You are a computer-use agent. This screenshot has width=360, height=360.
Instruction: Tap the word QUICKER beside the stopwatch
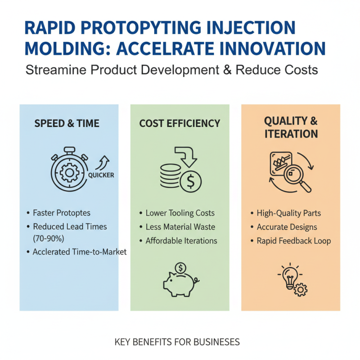point(101,175)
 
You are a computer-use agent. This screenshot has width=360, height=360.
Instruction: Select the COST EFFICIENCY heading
point(180,123)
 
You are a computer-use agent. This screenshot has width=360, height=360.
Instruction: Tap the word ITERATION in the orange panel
point(291,134)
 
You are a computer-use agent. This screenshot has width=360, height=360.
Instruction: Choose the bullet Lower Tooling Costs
point(180,213)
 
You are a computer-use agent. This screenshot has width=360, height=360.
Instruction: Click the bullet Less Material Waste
point(180,227)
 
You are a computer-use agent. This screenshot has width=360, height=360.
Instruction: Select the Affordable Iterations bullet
point(181,241)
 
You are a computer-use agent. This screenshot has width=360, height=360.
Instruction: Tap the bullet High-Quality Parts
point(288,213)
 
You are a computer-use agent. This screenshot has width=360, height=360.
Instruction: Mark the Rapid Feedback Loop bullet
point(294,241)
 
